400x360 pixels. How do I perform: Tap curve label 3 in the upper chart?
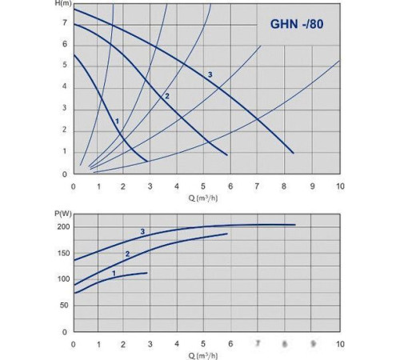click(210, 74)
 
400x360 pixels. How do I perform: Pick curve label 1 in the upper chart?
click(117, 122)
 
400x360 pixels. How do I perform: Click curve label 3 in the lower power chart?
click(142, 232)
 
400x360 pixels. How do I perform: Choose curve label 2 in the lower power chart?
click(126, 254)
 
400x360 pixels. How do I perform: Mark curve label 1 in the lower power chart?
click(114, 273)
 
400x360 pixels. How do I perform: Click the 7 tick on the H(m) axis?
click(65, 22)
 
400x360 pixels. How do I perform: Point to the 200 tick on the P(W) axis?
click(60, 226)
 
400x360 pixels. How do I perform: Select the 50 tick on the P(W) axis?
click(62, 305)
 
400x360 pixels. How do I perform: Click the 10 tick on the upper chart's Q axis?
click(339, 186)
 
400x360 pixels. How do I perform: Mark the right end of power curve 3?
click(295, 225)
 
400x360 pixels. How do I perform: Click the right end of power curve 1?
click(147, 274)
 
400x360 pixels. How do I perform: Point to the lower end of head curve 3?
click(294, 152)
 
